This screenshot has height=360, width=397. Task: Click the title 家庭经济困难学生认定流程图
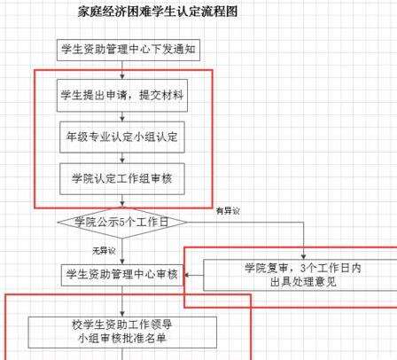pos(158,12)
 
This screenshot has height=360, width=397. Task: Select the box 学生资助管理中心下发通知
pos(128,50)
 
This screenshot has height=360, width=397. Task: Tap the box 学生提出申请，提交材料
pos(122,96)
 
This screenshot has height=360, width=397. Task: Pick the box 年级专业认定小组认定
pos(122,137)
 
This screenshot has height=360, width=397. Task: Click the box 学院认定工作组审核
pos(122,179)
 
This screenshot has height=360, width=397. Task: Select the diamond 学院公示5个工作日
pos(122,223)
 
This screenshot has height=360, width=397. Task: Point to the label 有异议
pos(228,211)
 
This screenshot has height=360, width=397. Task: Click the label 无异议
pos(104,251)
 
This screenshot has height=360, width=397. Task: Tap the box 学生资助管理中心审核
pos(122,275)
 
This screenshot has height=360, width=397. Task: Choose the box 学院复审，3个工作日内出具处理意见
pos(300,275)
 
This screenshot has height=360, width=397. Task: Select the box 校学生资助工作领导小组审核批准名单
pos(122,333)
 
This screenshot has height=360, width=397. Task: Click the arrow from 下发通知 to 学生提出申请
pos(122,70)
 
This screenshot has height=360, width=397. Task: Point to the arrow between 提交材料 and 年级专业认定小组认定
pos(122,116)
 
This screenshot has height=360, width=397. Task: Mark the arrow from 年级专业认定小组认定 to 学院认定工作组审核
pos(122,158)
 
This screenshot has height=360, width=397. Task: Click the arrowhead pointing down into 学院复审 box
pos(303,256)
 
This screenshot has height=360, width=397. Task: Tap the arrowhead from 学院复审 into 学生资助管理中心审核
pos(187,275)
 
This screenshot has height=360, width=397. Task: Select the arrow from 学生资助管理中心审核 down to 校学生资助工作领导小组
pos(122,301)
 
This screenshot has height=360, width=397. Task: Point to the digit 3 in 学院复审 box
pos(303,268)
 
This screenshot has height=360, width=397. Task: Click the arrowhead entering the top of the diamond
pos(122,204)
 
